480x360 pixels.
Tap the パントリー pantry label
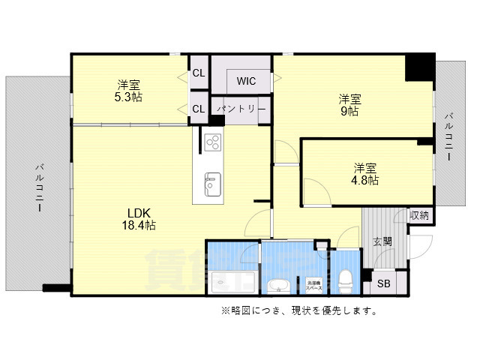(x=241, y=109)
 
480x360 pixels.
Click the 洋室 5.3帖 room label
(x=129, y=91)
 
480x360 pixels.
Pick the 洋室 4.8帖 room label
(x=366, y=174)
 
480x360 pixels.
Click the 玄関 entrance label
(x=382, y=241)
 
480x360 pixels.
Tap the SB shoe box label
(x=383, y=283)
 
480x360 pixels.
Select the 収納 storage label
(x=420, y=216)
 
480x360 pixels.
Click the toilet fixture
(x=346, y=280)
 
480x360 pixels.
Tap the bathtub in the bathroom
(x=232, y=282)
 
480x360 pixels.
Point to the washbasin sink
(x=279, y=284)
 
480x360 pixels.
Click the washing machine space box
(x=313, y=284)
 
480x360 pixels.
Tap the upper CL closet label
(x=199, y=73)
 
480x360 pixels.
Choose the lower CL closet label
(x=199, y=109)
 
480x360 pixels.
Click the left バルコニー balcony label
(x=38, y=187)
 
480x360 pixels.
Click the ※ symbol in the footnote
(x=224, y=310)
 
